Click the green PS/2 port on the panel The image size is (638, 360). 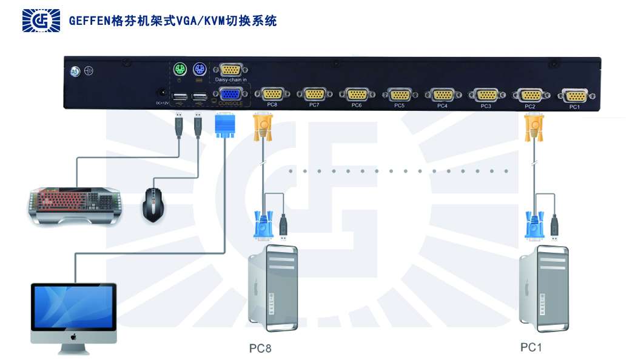point(180,70)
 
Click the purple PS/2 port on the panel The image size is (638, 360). point(200,70)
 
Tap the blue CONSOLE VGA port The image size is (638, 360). point(229,94)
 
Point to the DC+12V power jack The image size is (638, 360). point(162,94)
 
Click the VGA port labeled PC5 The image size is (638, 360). point(399,95)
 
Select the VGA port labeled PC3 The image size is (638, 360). point(486,95)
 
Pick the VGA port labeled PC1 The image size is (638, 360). point(574,95)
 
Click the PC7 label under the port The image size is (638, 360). point(314,105)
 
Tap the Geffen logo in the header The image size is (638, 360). point(41,21)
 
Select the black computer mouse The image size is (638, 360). point(154,204)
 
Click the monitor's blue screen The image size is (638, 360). point(73,307)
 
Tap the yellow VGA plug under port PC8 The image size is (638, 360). point(262,127)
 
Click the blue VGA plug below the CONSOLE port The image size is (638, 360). point(224,126)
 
